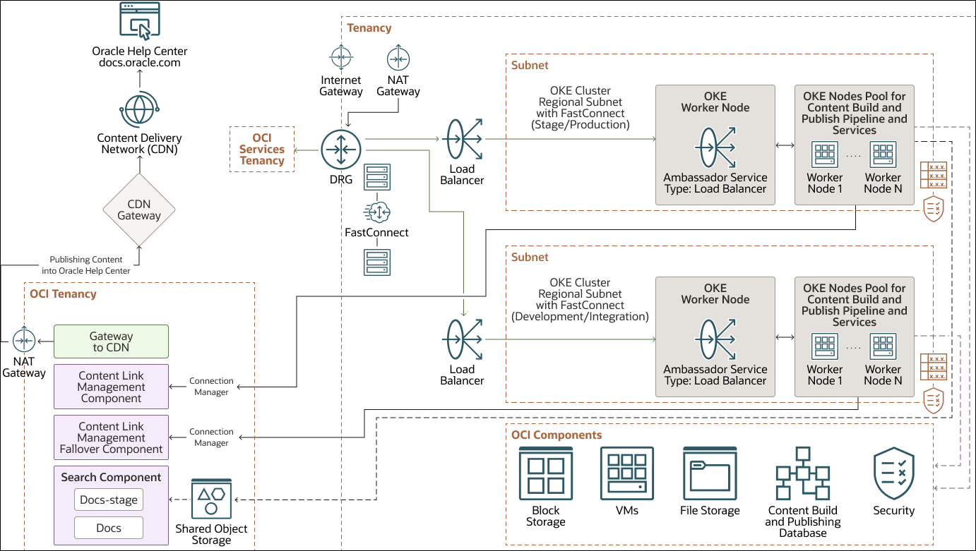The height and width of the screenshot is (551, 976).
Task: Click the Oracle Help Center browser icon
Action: coord(140,22)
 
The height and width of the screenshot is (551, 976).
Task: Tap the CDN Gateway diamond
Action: coord(139,210)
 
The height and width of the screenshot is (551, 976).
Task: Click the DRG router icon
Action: coord(341,149)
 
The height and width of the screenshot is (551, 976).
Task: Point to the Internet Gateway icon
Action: coord(341,58)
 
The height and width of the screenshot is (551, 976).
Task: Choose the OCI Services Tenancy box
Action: coord(262,150)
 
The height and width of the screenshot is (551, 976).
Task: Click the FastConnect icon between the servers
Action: coord(376,212)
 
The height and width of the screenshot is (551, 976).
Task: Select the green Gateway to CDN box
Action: coord(111,341)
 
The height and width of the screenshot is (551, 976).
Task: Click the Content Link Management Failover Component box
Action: coord(111,437)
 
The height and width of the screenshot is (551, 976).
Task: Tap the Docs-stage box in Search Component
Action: coord(108,500)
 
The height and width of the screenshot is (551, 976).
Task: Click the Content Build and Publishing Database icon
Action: coord(802,473)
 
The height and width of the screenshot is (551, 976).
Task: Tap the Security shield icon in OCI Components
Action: coord(893,473)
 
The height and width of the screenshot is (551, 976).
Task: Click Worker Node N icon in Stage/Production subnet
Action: coord(883,155)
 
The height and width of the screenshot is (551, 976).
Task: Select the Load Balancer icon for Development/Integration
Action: coord(463,341)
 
